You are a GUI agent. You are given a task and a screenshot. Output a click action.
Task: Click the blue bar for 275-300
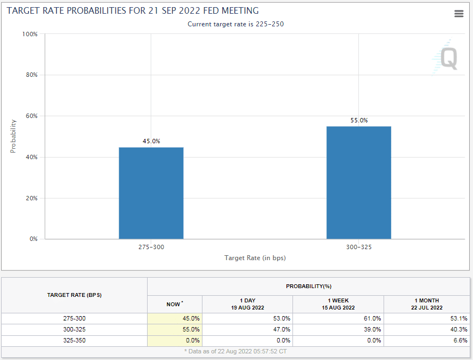(151, 193)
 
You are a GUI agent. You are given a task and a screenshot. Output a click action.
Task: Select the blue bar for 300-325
(359, 182)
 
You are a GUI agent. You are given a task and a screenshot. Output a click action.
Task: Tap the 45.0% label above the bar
(151, 141)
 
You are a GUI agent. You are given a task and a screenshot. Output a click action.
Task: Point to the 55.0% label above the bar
(359, 120)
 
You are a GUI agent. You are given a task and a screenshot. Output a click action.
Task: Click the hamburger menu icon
(459, 14)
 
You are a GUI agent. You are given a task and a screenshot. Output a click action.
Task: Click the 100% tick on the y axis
(30, 34)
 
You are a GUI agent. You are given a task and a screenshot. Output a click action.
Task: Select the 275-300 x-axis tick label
(151, 247)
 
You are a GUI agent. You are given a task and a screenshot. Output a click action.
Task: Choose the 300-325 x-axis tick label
(359, 247)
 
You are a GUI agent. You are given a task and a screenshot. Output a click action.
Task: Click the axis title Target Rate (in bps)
(255, 257)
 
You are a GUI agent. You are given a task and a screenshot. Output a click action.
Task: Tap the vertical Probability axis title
(13, 136)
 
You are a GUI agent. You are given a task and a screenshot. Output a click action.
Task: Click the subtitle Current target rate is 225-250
(235, 24)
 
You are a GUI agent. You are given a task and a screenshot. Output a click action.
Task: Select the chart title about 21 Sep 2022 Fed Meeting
(133, 11)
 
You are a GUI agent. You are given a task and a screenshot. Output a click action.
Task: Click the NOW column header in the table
(174, 304)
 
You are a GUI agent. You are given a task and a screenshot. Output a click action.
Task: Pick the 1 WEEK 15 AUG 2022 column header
(338, 304)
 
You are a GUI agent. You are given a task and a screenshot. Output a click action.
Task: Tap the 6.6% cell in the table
(459, 340)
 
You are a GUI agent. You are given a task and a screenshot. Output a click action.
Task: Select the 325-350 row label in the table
(74, 340)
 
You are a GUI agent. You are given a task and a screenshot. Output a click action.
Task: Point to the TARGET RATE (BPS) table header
(74, 295)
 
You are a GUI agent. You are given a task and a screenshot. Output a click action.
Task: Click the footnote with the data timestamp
(236, 351)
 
